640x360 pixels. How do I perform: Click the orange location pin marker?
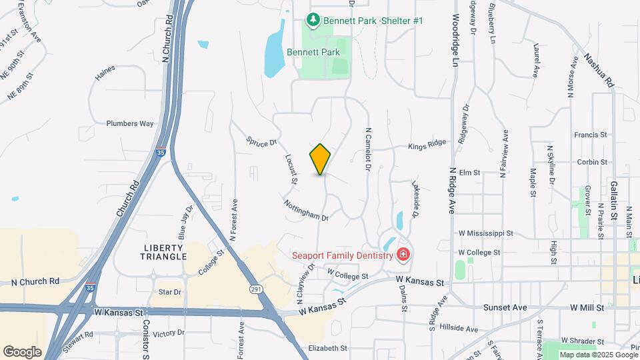(x=320, y=159)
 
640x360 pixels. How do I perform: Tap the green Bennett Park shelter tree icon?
(x=312, y=21)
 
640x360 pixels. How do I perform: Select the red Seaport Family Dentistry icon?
(x=403, y=254)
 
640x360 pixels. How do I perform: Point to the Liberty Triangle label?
(x=162, y=251)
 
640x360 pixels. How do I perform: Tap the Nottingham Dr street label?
(x=307, y=210)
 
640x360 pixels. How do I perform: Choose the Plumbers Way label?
(x=130, y=123)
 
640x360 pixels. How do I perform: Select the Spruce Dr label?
(x=261, y=143)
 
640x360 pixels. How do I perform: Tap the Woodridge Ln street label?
(x=456, y=40)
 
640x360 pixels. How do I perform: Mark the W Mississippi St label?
(x=486, y=234)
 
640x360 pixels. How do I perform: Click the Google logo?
(x=22, y=351)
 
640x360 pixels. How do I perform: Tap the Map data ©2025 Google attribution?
(x=598, y=355)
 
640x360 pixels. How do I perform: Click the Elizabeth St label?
(x=327, y=348)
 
